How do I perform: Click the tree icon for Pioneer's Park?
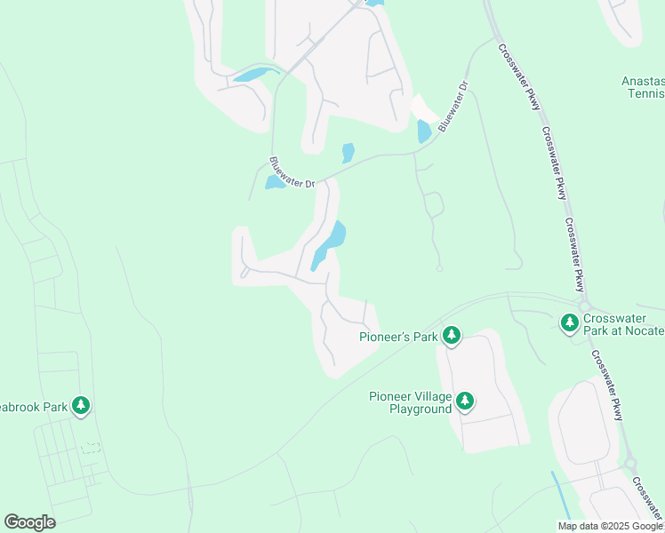453,335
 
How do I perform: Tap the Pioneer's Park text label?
399,337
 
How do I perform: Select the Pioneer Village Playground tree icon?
465,402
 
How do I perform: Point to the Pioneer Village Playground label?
411,402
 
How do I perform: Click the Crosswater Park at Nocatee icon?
569,323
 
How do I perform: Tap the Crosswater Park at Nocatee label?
623,324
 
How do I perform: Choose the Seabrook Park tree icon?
81,406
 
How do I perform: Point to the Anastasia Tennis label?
642,87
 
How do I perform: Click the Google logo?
29,522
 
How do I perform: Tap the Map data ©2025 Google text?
611,526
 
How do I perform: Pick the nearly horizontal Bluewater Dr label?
292,172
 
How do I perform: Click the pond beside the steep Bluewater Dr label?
424,131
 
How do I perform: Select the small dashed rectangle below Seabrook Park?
90,449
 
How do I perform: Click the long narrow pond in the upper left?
254,75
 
